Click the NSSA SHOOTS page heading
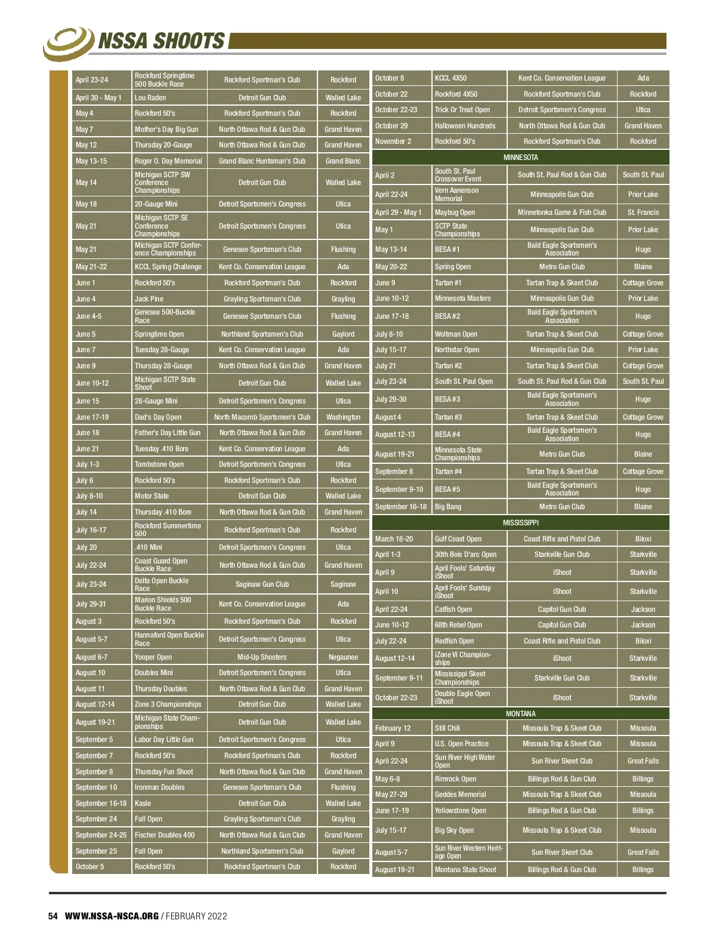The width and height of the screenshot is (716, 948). coord(161,41)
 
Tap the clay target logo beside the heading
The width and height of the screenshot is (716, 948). coord(69,42)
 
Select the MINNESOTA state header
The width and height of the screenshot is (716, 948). coord(520,158)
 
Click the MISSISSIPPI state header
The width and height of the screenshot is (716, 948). coord(520,523)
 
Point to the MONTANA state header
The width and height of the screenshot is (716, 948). coord(520,714)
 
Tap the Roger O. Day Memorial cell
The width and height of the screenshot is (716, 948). coord(168,161)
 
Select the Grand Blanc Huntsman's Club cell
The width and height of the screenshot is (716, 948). coord(262,161)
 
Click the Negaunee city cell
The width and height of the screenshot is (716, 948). coord(343,657)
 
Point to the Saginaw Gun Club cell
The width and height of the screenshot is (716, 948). coord(262,584)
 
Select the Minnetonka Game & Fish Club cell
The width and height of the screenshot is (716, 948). coord(561,213)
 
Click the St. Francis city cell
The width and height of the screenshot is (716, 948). coord(643,213)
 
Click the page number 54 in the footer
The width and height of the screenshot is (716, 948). coord(53,916)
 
